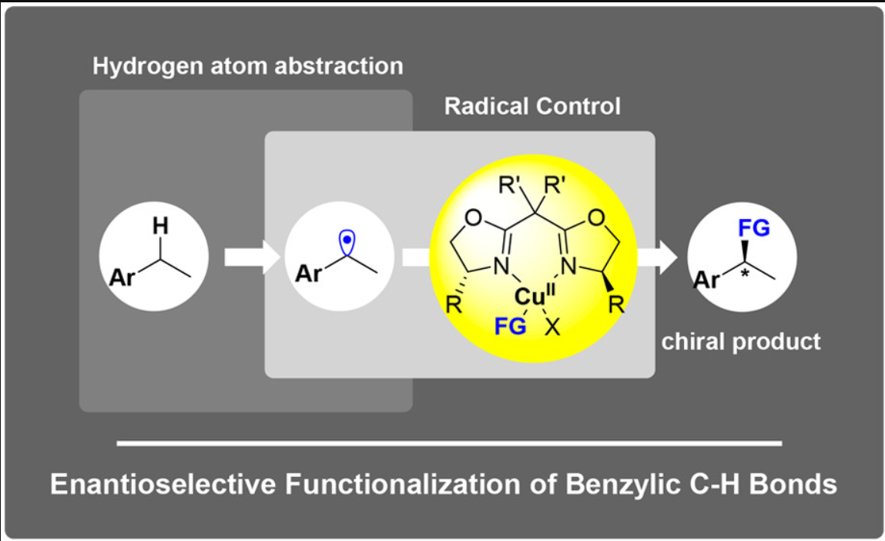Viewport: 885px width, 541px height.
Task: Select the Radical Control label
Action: [x=532, y=106]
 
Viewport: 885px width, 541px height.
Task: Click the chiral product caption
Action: [x=741, y=341]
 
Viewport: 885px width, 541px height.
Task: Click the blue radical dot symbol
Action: [x=348, y=240]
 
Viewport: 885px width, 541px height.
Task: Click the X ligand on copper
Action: [x=551, y=327]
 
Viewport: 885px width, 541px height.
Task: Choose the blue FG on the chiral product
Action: [x=752, y=228]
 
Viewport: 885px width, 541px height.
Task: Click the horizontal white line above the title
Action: [x=449, y=443]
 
